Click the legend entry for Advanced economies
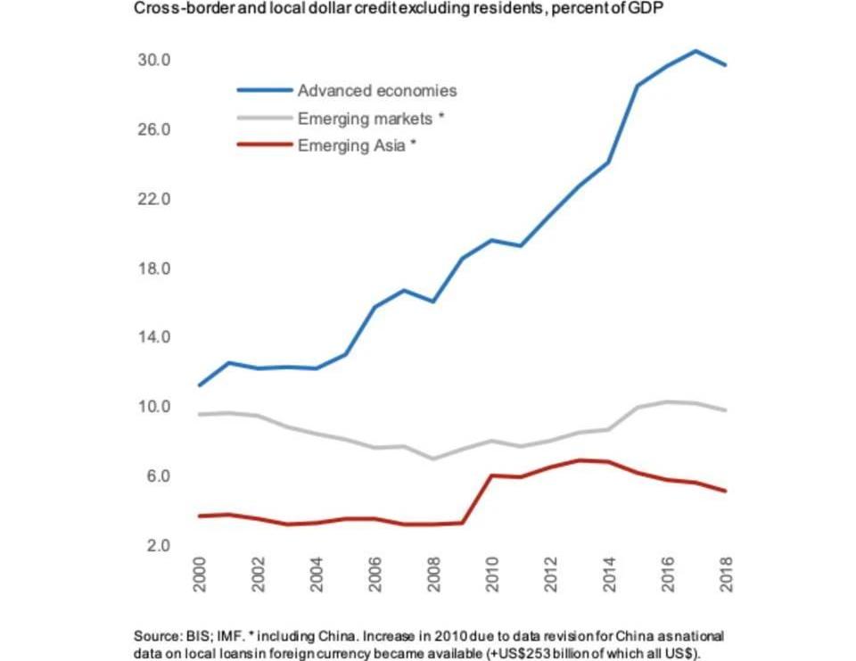coord(376,90)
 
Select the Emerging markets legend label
coord(370,118)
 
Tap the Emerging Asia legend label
coord(357,145)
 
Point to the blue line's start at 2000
coord(199,385)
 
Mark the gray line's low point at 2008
coord(433,459)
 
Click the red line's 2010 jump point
coord(492,475)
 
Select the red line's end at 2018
coord(726,492)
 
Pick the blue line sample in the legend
coord(264,90)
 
